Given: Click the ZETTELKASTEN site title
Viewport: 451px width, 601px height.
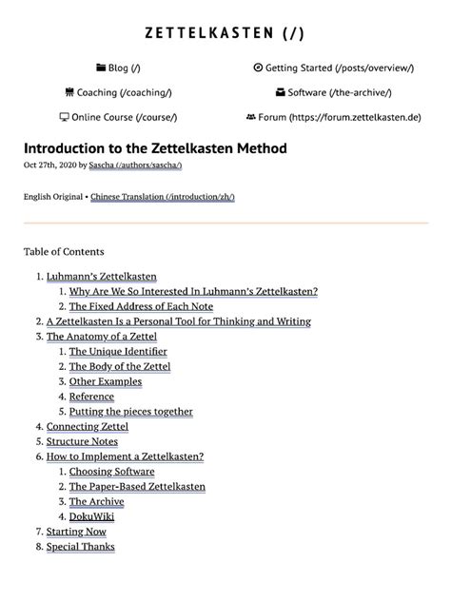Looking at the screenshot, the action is click(225, 33).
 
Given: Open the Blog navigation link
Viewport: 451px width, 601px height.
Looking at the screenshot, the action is click(124, 68).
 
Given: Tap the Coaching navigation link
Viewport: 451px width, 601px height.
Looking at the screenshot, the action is click(119, 92).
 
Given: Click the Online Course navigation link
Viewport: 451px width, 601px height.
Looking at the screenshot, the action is click(124, 117).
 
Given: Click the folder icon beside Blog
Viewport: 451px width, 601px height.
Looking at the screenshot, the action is click(101, 68).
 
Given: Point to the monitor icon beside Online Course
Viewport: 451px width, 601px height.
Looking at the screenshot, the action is click(64, 117).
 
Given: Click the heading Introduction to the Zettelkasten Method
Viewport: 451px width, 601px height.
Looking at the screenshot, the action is click(154, 149).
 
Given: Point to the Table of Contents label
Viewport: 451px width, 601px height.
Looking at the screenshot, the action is click(64, 251).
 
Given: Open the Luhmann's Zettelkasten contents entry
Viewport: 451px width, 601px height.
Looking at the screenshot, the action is click(102, 276).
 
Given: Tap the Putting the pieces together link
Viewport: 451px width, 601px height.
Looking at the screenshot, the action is click(131, 412).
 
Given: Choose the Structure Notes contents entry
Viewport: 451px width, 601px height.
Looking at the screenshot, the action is click(82, 441).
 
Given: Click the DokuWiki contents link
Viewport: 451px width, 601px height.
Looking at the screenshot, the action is click(92, 516).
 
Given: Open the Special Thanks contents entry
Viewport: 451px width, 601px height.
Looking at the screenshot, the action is click(80, 547).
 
